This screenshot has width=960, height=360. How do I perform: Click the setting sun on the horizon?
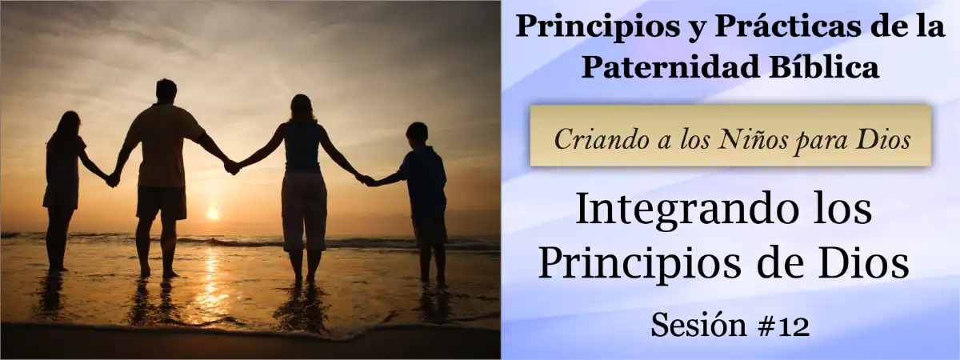pyautogui.click(x=212, y=214)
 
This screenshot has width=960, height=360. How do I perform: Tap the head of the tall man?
pyautogui.click(x=166, y=90)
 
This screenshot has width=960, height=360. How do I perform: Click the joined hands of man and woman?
pyautogui.click(x=231, y=166)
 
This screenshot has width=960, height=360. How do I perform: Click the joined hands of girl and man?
pyautogui.click(x=113, y=179)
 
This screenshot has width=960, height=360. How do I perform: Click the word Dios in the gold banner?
pyautogui.click(x=882, y=140)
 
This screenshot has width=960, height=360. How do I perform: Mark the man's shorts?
pyautogui.click(x=161, y=202)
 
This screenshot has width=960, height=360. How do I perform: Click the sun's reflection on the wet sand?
pyautogui.click(x=210, y=280)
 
